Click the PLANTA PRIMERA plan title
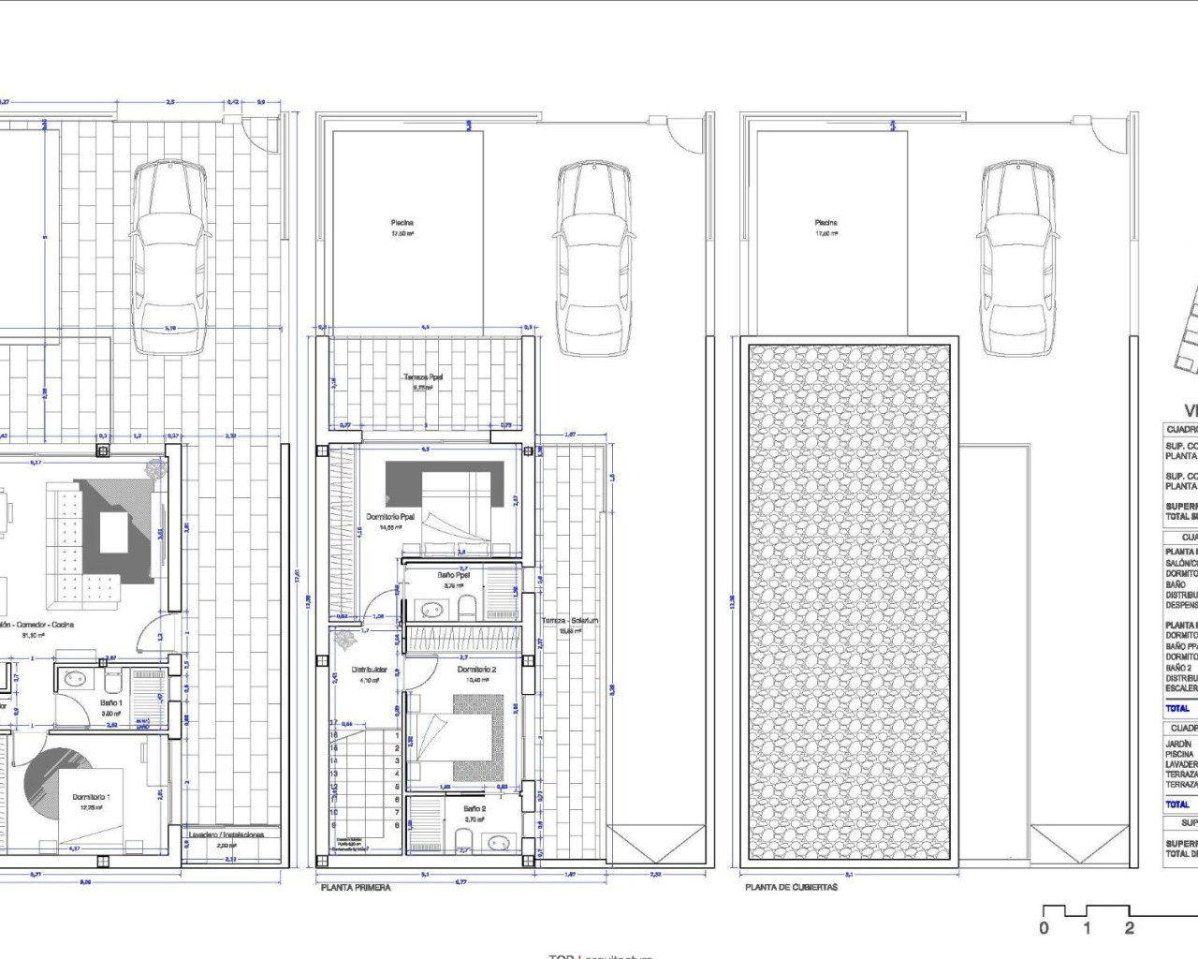[x=356, y=887]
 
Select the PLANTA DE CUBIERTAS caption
[x=791, y=887]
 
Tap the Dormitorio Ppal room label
[x=390, y=517]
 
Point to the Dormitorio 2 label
[x=476, y=670]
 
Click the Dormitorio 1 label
[x=91, y=797]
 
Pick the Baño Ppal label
[x=453, y=575]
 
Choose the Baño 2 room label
[x=475, y=808]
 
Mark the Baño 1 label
[x=110, y=702]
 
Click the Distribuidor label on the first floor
[x=369, y=670]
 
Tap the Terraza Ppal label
[x=423, y=377]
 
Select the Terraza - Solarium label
[x=569, y=621]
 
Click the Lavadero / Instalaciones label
[x=226, y=834]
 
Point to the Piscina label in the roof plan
[x=825, y=223]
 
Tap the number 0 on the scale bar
[x=1045, y=928]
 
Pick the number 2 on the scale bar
[x=1129, y=928]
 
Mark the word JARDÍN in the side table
[x=1178, y=744]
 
